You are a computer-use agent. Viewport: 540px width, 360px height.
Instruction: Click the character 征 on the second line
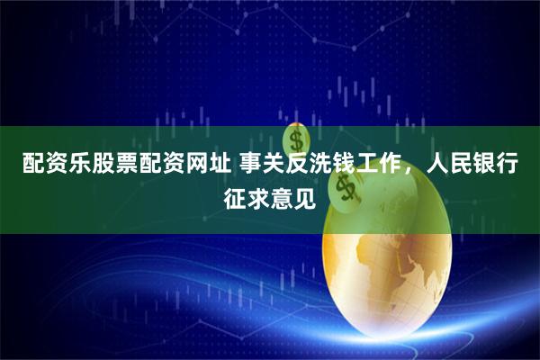[x=235, y=195]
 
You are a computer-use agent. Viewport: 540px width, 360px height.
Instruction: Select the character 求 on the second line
[x=258, y=195]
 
